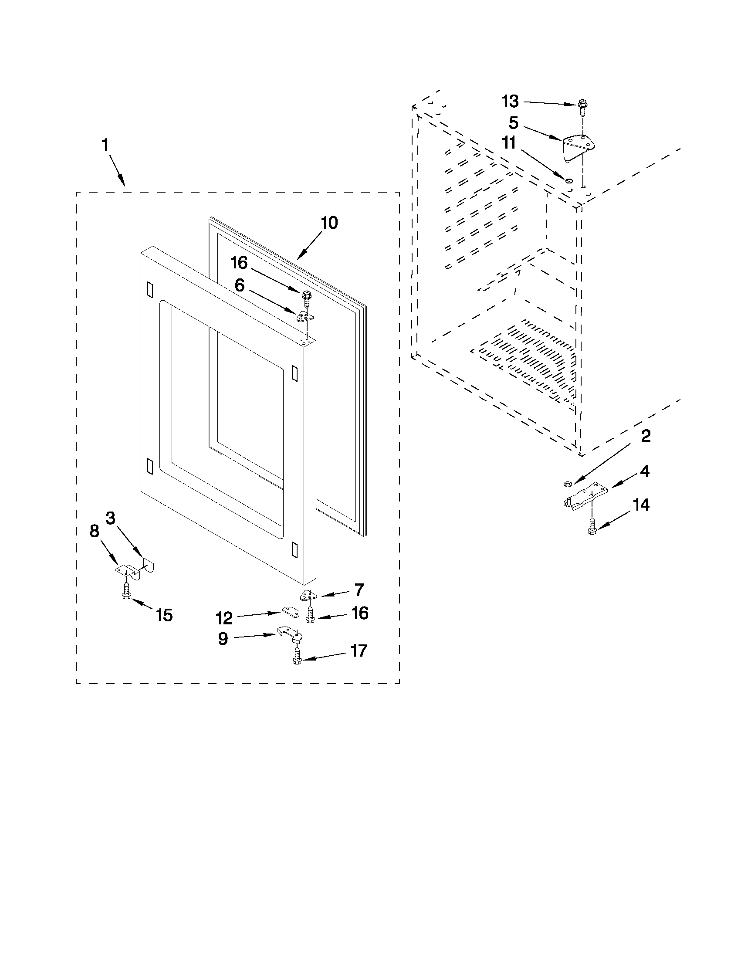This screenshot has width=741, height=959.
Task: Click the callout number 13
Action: (510, 102)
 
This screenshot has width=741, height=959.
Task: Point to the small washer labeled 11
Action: (568, 180)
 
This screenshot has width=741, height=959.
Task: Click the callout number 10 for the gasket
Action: (329, 223)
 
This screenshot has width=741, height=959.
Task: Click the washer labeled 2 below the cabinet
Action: (566, 484)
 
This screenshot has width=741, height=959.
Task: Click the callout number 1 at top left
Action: (105, 145)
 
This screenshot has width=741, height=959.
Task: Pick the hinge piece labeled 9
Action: (290, 634)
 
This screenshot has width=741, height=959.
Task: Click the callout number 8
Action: (94, 532)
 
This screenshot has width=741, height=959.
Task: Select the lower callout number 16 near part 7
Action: (359, 613)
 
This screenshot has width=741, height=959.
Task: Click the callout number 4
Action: (644, 471)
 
